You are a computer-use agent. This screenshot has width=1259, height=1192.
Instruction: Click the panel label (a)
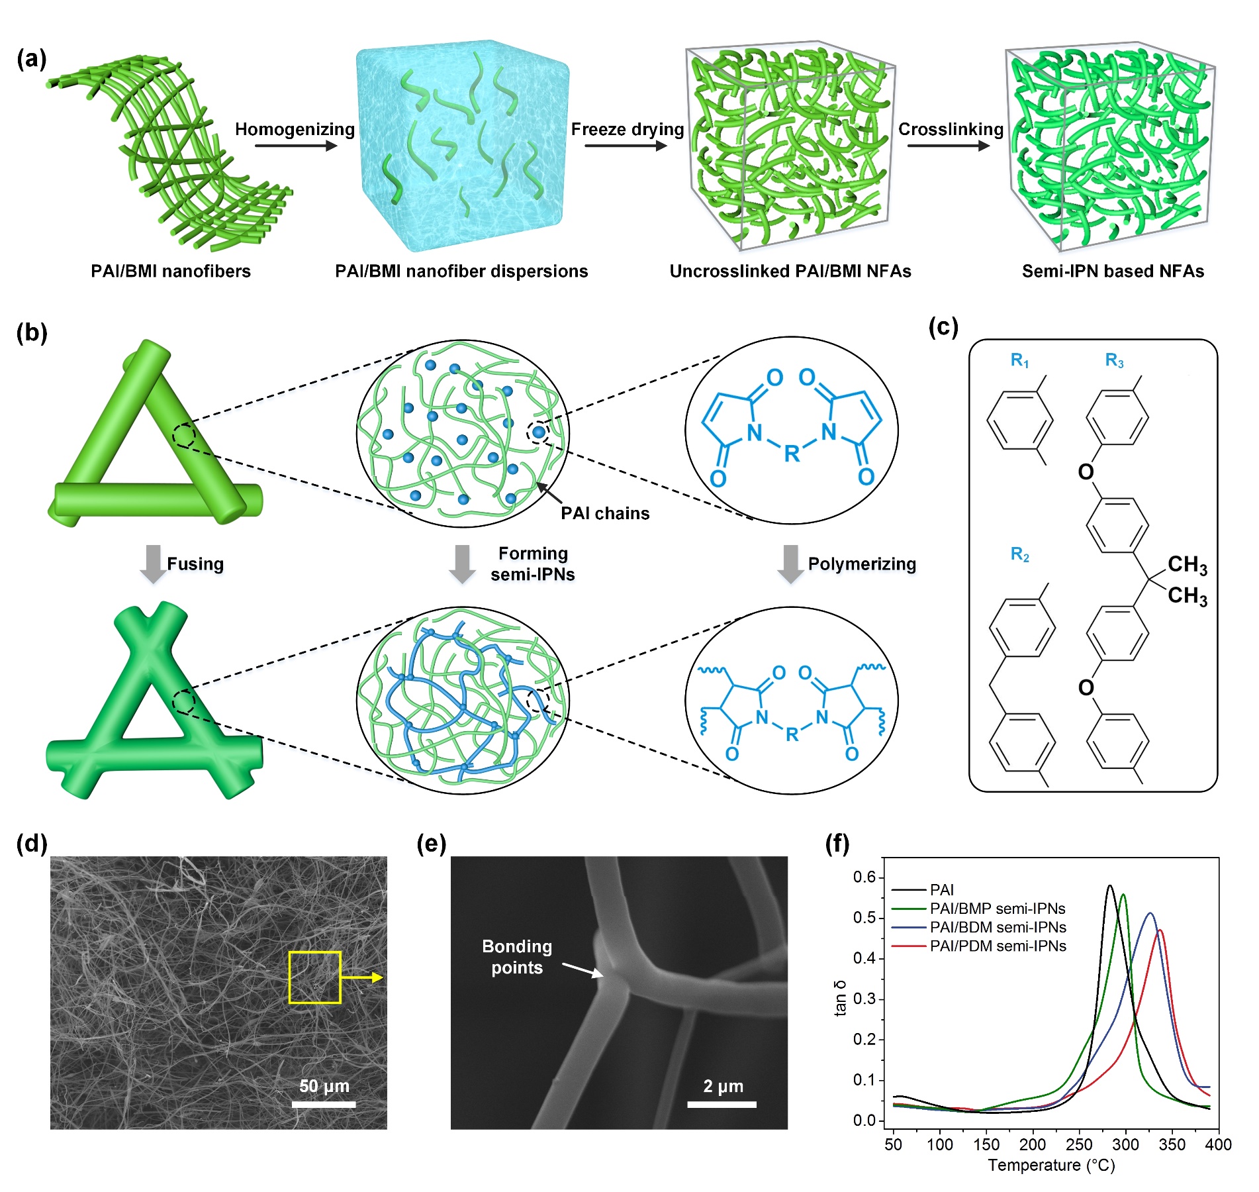click(x=32, y=59)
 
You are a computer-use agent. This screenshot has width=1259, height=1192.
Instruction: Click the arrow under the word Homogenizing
click(x=296, y=146)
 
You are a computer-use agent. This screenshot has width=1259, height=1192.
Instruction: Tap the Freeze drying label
click(x=628, y=129)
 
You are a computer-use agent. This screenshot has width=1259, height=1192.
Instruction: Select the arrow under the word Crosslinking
click(x=949, y=146)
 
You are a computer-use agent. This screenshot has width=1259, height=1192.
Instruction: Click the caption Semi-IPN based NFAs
click(x=1113, y=271)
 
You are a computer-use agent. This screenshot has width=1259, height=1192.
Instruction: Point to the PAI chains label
click(x=605, y=513)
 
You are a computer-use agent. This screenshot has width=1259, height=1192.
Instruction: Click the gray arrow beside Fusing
click(x=154, y=564)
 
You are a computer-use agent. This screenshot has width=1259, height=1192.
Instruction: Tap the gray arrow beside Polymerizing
click(x=791, y=564)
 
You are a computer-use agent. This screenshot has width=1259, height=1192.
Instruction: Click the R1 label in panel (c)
click(x=1019, y=361)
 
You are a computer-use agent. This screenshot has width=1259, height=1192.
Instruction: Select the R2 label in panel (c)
click(x=1019, y=554)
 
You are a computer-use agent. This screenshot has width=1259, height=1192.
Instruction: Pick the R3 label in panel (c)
click(x=1115, y=361)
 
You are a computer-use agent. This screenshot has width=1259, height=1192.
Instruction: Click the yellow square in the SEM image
click(x=314, y=977)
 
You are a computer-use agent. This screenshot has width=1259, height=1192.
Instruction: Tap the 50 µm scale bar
click(x=324, y=1104)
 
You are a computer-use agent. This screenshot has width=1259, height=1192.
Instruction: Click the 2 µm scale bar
click(x=722, y=1104)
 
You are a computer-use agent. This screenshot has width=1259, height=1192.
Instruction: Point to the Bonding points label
click(x=517, y=957)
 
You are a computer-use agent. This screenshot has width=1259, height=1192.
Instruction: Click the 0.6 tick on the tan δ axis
click(x=864, y=877)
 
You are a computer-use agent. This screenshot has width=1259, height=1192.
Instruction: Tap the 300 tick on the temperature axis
click(x=1126, y=1144)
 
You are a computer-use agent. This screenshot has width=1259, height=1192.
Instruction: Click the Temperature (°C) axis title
click(x=1052, y=1166)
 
